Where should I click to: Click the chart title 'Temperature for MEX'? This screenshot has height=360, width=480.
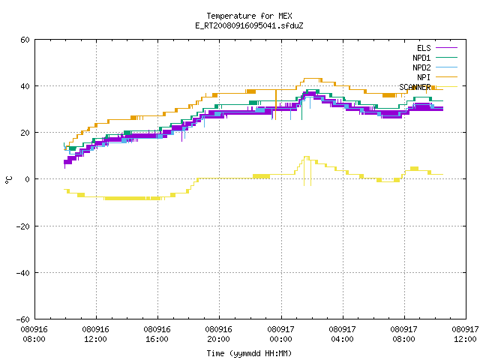(249, 16)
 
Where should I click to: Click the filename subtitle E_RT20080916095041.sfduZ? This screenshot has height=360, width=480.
(249, 25)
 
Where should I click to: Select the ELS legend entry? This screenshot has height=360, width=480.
(437, 48)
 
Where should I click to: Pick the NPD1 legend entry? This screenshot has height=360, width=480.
(435, 58)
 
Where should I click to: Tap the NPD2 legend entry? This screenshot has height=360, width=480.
(435, 67)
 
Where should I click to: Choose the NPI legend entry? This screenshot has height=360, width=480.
(437, 77)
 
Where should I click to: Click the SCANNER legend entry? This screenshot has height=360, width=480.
(428, 87)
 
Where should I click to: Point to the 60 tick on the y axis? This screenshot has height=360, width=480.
(25, 40)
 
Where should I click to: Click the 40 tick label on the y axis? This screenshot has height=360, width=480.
(25, 86)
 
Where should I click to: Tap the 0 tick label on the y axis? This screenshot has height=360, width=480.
(28, 179)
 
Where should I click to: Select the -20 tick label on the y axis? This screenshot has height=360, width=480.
(23, 226)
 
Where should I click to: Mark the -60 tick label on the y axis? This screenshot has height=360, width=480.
(23, 319)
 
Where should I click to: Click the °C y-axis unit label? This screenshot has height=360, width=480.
(8, 179)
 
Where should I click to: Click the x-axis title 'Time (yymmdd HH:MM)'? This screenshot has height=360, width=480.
(249, 353)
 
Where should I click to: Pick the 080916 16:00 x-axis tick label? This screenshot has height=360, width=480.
(157, 334)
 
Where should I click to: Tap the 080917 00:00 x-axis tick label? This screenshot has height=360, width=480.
(280, 334)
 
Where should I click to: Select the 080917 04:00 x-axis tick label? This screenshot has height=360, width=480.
(342, 334)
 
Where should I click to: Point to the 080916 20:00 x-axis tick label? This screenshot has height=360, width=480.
(218, 334)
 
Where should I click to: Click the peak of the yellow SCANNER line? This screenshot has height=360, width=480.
(307, 157)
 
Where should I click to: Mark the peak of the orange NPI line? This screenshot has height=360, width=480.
(313, 78)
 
